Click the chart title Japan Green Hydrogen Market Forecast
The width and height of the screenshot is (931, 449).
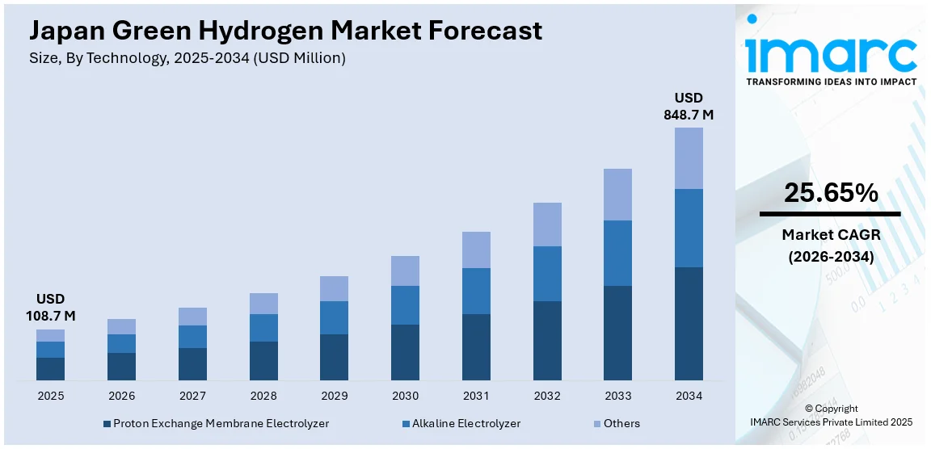point(285,31)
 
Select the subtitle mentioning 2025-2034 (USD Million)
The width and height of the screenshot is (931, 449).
point(187,58)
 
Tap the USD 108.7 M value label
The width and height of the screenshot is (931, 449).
point(50,308)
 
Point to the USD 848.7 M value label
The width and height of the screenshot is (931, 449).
point(689,107)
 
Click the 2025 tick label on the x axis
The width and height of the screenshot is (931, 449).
point(50,396)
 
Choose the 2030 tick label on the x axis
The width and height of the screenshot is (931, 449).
point(405,396)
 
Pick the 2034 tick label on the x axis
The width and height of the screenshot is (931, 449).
point(689,396)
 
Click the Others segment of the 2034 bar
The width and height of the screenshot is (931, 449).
point(689,158)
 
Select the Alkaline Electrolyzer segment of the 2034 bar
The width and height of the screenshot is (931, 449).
point(689,228)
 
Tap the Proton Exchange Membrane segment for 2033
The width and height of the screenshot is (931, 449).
point(617,333)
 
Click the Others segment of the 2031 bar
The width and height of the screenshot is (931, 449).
point(476,250)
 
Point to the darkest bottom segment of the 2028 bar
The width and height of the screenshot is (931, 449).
point(263,360)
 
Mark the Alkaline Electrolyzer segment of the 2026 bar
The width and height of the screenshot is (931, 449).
point(121,343)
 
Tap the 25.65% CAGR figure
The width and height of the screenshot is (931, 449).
point(830,192)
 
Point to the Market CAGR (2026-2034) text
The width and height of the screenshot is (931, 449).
point(830,245)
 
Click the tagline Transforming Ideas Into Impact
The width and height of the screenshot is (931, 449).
point(831,82)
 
